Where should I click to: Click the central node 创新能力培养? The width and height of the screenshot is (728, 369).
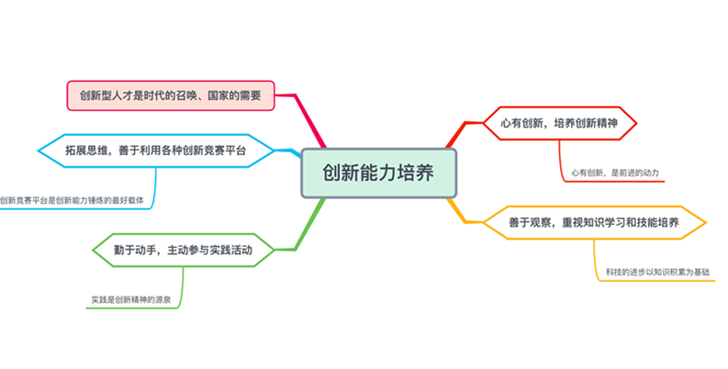[378, 173]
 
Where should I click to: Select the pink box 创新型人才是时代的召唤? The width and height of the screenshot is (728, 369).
[172, 95]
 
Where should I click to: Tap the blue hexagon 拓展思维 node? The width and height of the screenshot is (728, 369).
[155, 150]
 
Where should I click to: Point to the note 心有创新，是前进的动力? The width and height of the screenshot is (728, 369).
[614, 172]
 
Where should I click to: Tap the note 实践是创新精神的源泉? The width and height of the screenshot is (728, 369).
[137, 299]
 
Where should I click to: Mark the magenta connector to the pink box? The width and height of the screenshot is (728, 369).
[307, 119]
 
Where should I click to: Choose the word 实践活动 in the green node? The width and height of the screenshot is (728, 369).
[229, 249]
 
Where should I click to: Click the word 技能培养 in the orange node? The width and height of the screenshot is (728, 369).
[657, 223]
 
